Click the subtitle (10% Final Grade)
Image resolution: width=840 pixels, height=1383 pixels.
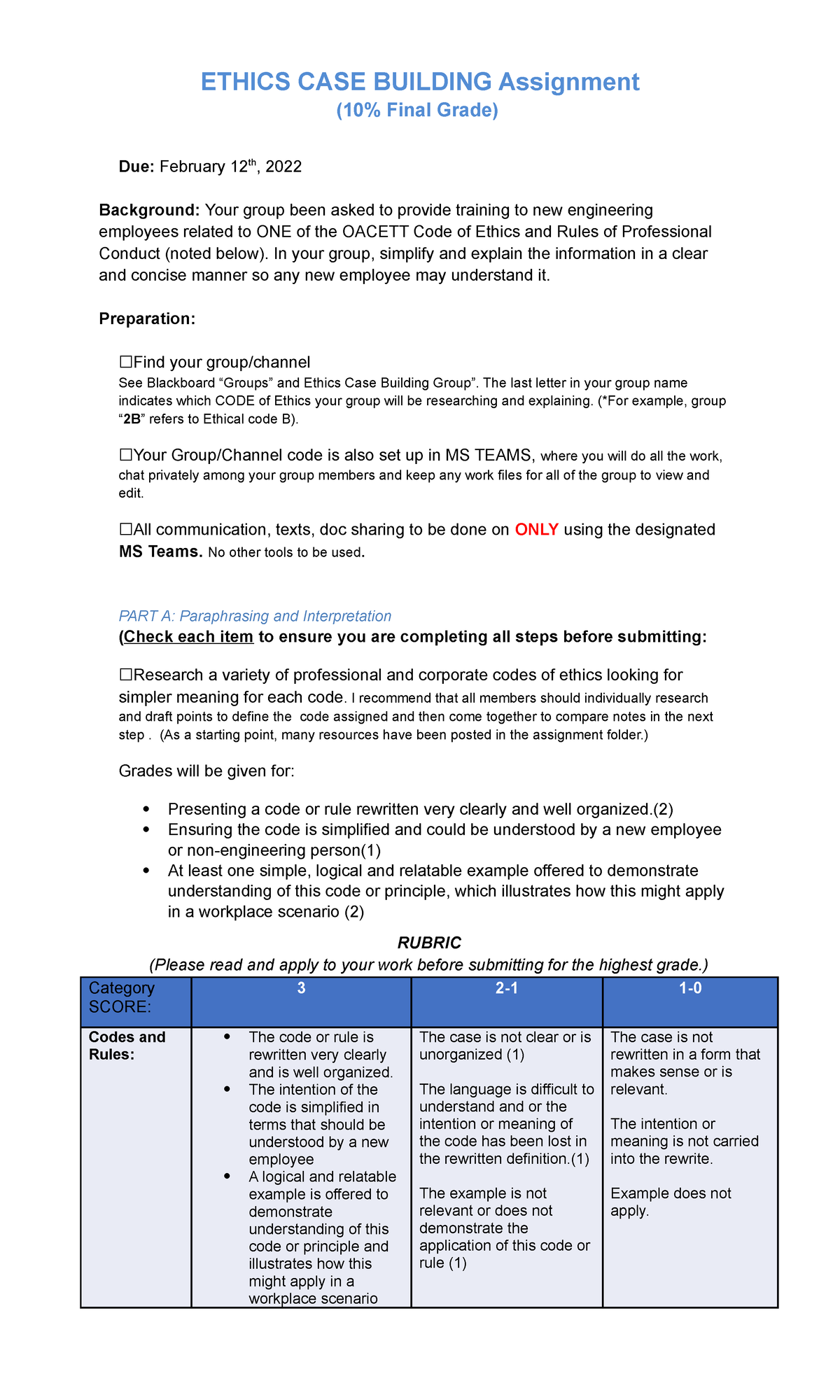tap(417, 111)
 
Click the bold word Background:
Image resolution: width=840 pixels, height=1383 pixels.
tap(149, 210)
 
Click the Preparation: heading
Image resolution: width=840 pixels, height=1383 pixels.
tap(147, 319)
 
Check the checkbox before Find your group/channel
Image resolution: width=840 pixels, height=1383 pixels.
tap(126, 363)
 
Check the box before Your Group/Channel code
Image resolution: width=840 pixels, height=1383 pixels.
tap(126, 456)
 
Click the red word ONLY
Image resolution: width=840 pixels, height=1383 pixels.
tap(536, 530)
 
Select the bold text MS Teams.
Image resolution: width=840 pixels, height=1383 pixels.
tap(160, 552)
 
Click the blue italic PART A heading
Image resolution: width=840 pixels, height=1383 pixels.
tap(255, 616)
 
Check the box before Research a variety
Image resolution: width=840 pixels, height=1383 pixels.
tap(126, 675)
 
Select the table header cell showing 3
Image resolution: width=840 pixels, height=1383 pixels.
tap(301, 989)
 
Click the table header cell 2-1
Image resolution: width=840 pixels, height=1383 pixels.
tap(506, 989)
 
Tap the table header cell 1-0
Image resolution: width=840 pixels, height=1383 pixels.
tap(689, 989)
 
